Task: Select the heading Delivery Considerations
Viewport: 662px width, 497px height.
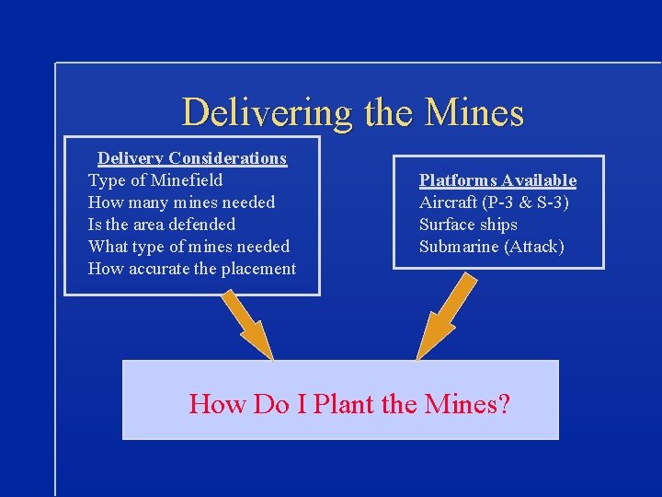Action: (x=192, y=158)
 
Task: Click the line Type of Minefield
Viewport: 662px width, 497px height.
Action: (x=155, y=180)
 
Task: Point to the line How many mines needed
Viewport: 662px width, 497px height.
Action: (x=181, y=202)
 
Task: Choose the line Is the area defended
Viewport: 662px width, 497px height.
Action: (x=162, y=225)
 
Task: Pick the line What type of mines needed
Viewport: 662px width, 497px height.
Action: (x=188, y=247)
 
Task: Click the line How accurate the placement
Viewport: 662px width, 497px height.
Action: (x=192, y=269)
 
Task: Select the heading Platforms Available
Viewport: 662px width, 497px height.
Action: (x=497, y=180)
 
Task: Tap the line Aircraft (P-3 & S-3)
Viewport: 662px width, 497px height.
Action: (x=494, y=202)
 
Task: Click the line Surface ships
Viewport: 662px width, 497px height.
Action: (x=468, y=225)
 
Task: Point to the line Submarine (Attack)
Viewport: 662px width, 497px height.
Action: (x=492, y=247)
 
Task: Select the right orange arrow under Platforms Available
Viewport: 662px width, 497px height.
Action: (x=445, y=317)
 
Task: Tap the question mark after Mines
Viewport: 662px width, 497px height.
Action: (x=504, y=403)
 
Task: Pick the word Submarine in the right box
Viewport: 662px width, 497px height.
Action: (x=459, y=247)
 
